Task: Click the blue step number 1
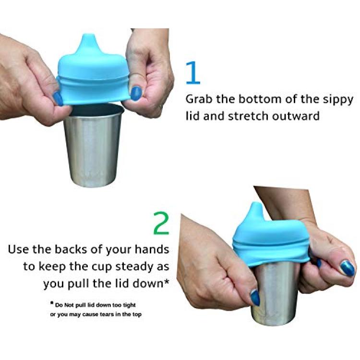coord(193,72)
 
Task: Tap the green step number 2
coord(161,223)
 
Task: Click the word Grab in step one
coord(199,99)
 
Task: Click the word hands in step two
coord(152,249)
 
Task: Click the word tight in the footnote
coord(129,305)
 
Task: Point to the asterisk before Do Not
coord(52,303)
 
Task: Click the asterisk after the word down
coord(167,281)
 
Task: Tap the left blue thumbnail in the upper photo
coord(58,98)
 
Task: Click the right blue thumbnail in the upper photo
coord(136,93)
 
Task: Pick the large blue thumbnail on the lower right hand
coord(348,268)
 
